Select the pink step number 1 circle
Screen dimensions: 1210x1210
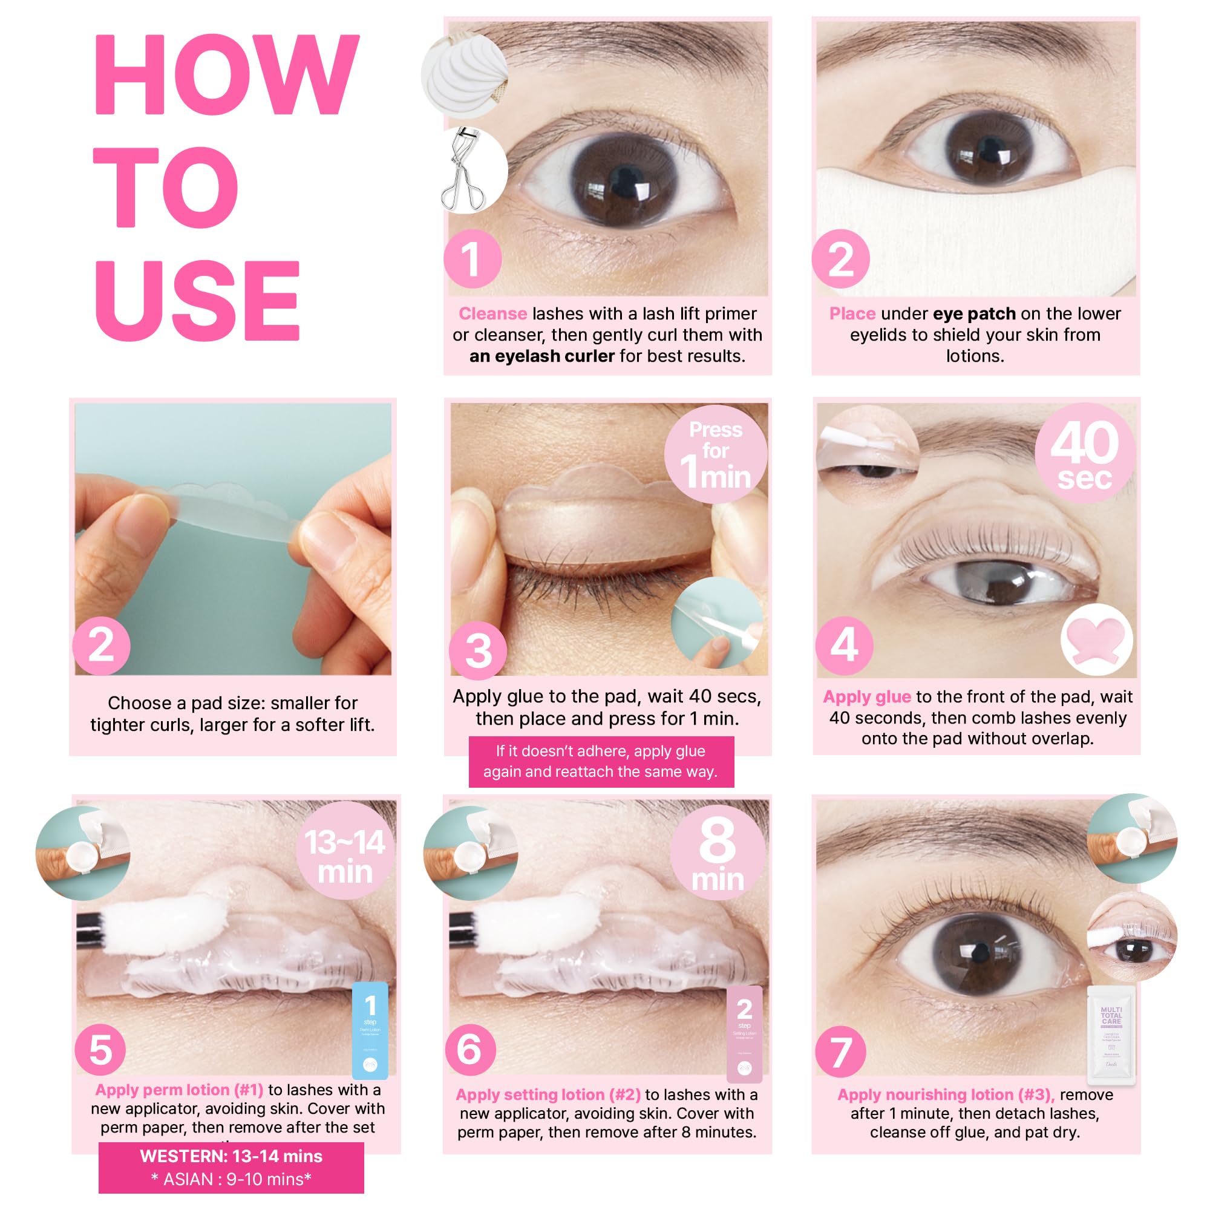pyautogui.click(x=473, y=260)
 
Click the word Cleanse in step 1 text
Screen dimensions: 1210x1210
pyautogui.click(x=492, y=314)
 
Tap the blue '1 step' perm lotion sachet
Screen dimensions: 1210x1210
pyautogui.click(x=370, y=1030)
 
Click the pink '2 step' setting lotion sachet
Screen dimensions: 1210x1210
pyautogui.click(x=744, y=1033)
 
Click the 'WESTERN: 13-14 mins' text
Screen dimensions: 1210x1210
pyautogui.click(x=231, y=1157)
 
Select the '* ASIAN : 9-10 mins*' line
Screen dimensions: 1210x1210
pyautogui.click(x=231, y=1179)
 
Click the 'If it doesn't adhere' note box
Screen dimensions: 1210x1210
pyautogui.click(x=601, y=762)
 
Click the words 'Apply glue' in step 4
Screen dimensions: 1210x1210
pyautogui.click(x=866, y=697)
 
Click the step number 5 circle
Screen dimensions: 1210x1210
pyautogui.click(x=101, y=1050)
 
